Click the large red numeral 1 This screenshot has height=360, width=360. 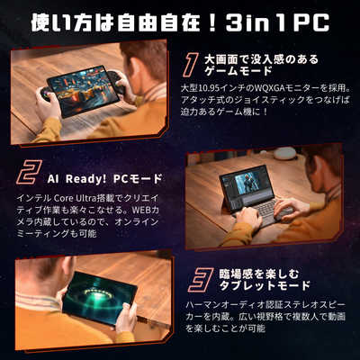191,64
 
